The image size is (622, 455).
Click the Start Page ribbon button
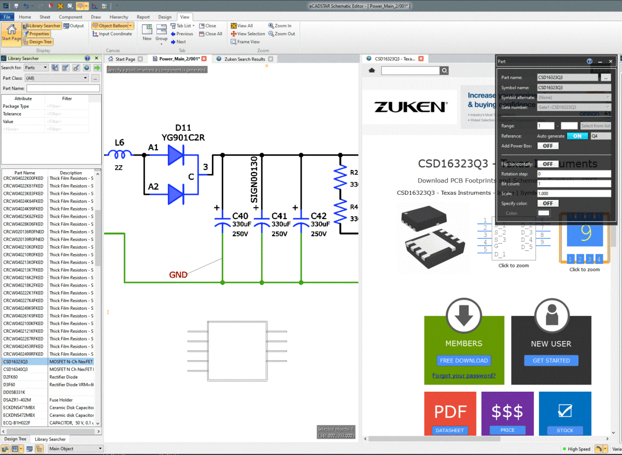(x=11, y=33)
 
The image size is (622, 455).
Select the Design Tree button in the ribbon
(x=37, y=42)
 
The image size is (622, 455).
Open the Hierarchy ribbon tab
(x=119, y=17)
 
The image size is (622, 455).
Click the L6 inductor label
(x=119, y=143)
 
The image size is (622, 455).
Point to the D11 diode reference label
(x=183, y=127)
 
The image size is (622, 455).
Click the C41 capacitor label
(x=279, y=216)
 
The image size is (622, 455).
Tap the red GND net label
(x=178, y=275)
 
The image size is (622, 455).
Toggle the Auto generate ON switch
(x=577, y=136)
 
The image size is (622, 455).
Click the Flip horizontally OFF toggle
(x=547, y=164)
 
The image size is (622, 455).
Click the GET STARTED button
(x=551, y=360)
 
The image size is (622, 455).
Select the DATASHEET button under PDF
(x=449, y=430)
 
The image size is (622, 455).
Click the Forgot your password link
(x=463, y=376)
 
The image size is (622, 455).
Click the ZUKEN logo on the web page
(x=410, y=107)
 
